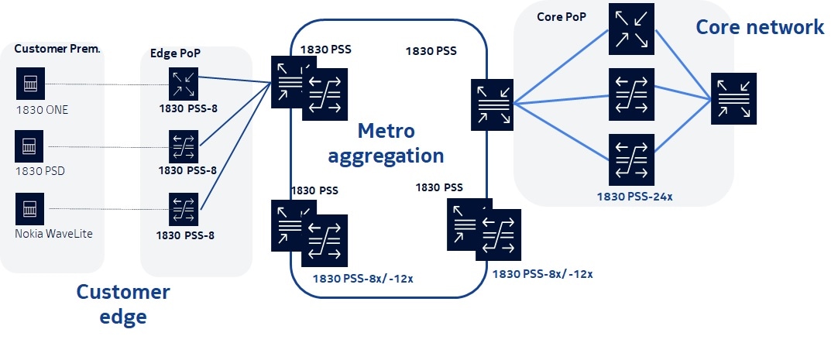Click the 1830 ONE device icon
30,81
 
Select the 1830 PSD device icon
30,145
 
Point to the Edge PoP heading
176,54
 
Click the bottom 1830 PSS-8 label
185,235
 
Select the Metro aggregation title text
386,142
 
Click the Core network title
760,27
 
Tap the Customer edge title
122,303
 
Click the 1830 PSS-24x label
634,196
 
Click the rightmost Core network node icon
733,98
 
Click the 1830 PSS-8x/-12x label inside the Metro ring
362,277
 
